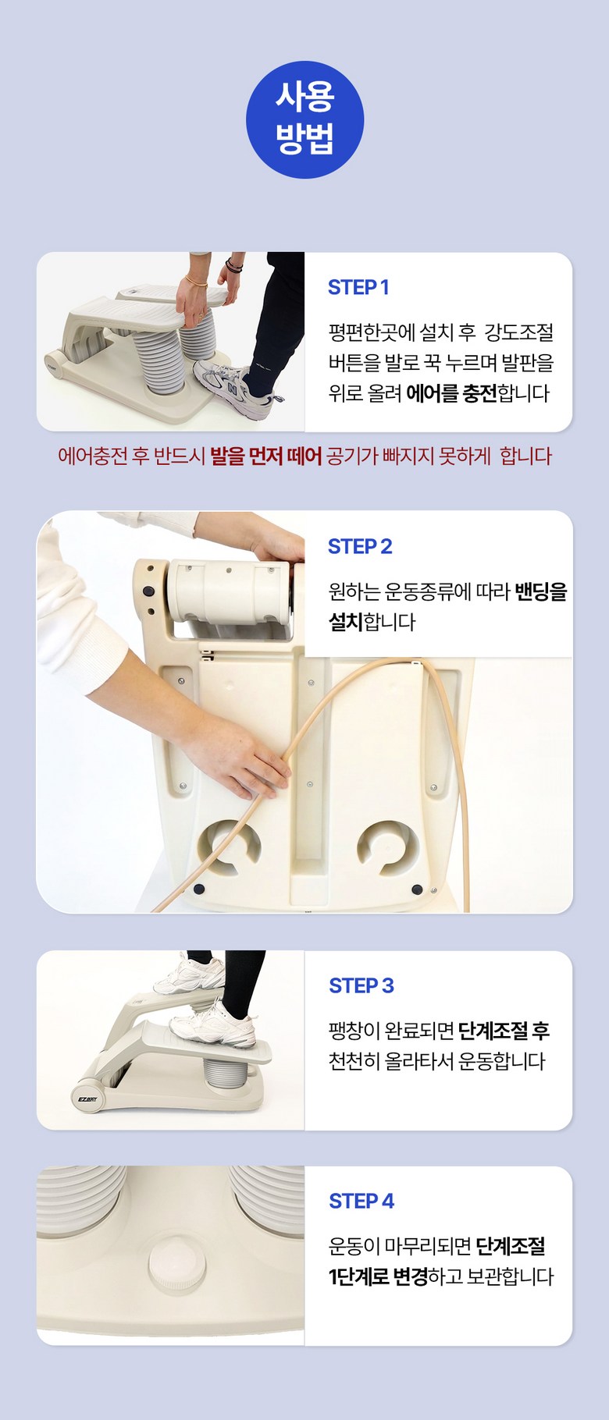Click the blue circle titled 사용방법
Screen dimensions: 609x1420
click(304, 119)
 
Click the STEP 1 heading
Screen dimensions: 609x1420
click(358, 287)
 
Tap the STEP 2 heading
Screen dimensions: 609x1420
click(360, 546)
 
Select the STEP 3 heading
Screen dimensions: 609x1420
click(361, 985)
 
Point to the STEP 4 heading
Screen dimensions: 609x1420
click(361, 1201)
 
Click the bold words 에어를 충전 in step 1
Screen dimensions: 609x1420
click(451, 392)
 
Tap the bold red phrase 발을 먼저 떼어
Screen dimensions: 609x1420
click(265, 456)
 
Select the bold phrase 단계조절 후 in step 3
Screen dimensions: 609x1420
click(504, 1031)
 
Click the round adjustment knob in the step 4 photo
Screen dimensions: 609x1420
click(177, 1263)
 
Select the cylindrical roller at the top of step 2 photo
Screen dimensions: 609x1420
click(227, 589)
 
